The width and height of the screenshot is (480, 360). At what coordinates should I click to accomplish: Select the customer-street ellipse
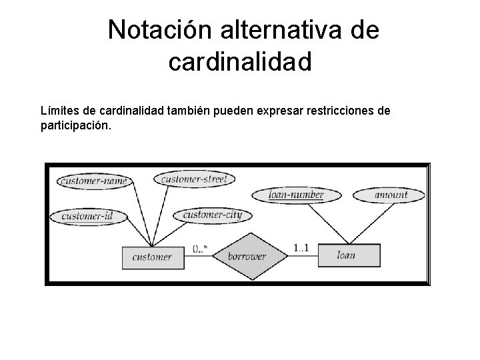pyautogui.click(x=194, y=179)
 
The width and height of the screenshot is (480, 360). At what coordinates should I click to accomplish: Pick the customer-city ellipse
pyautogui.click(x=212, y=215)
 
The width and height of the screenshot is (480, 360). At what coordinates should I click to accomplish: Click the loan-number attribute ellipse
pyautogui.click(x=296, y=195)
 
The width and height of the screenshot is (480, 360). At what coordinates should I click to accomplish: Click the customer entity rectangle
pyautogui.click(x=152, y=257)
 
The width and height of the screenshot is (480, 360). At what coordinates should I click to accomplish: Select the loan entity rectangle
pyautogui.click(x=347, y=255)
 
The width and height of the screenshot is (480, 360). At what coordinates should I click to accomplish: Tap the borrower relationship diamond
pyautogui.click(x=247, y=256)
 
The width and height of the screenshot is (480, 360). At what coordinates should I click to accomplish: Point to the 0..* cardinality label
pyautogui.click(x=200, y=249)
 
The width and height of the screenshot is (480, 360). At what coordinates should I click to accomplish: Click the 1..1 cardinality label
pyautogui.click(x=301, y=248)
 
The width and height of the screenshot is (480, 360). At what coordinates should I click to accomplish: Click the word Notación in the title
pyautogui.click(x=153, y=30)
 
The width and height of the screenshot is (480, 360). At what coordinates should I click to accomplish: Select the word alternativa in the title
pyautogui.click(x=275, y=30)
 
